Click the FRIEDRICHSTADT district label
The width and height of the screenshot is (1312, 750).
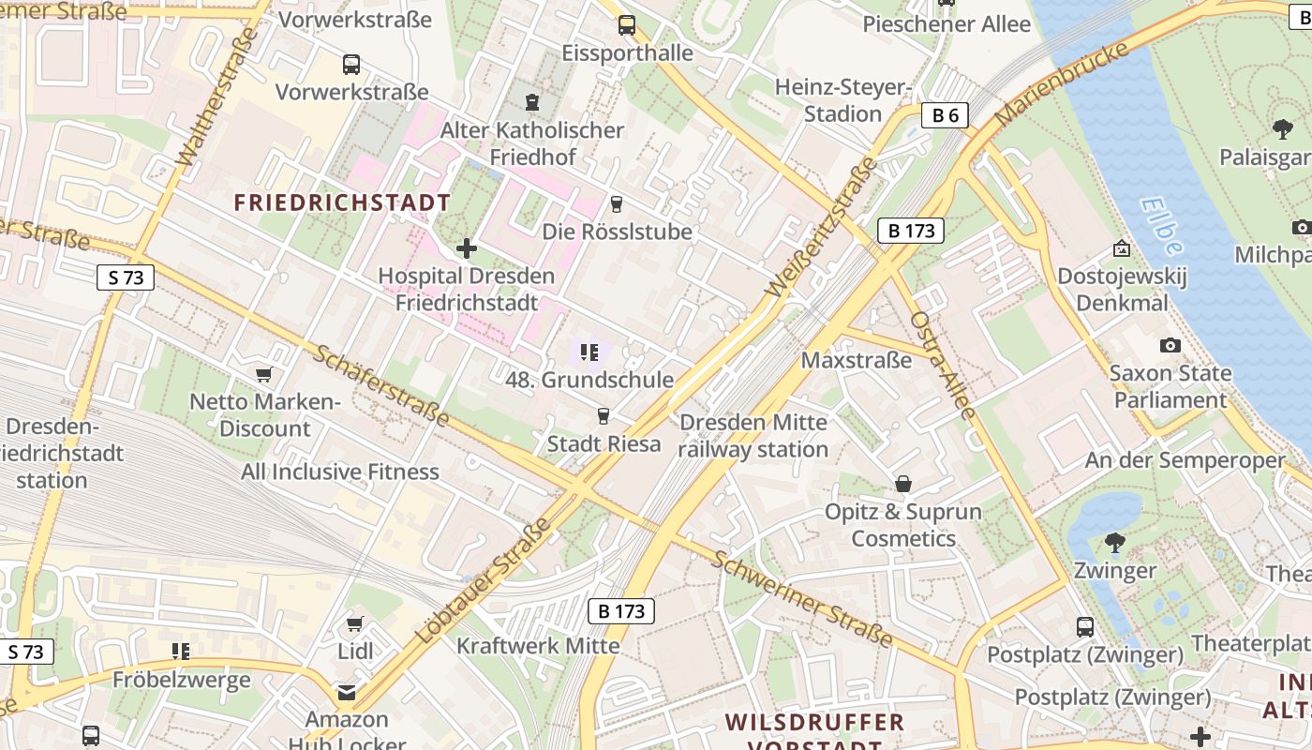[342, 202]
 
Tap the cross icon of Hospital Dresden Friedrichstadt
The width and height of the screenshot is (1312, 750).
[466, 248]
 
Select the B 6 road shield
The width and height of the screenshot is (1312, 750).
[944, 115]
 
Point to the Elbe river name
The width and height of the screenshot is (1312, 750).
[1162, 226]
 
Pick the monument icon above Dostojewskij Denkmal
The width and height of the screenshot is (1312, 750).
[1121, 248]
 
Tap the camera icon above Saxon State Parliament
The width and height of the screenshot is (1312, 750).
[1170, 346]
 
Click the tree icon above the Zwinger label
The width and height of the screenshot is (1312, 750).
[1114, 542]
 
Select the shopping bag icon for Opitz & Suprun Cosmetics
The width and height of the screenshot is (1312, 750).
[903, 484]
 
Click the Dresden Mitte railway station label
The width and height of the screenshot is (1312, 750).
[753, 436]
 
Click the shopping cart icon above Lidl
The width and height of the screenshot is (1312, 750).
[354, 624]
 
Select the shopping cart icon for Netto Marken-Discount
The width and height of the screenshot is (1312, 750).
[264, 375]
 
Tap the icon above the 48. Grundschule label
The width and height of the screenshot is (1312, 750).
[589, 352]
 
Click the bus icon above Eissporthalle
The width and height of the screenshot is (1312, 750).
[627, 25]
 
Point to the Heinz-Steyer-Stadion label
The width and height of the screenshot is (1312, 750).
[843, 100]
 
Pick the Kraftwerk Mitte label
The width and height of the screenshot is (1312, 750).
[538, 646]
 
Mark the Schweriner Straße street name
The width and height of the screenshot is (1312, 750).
[801, 599]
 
